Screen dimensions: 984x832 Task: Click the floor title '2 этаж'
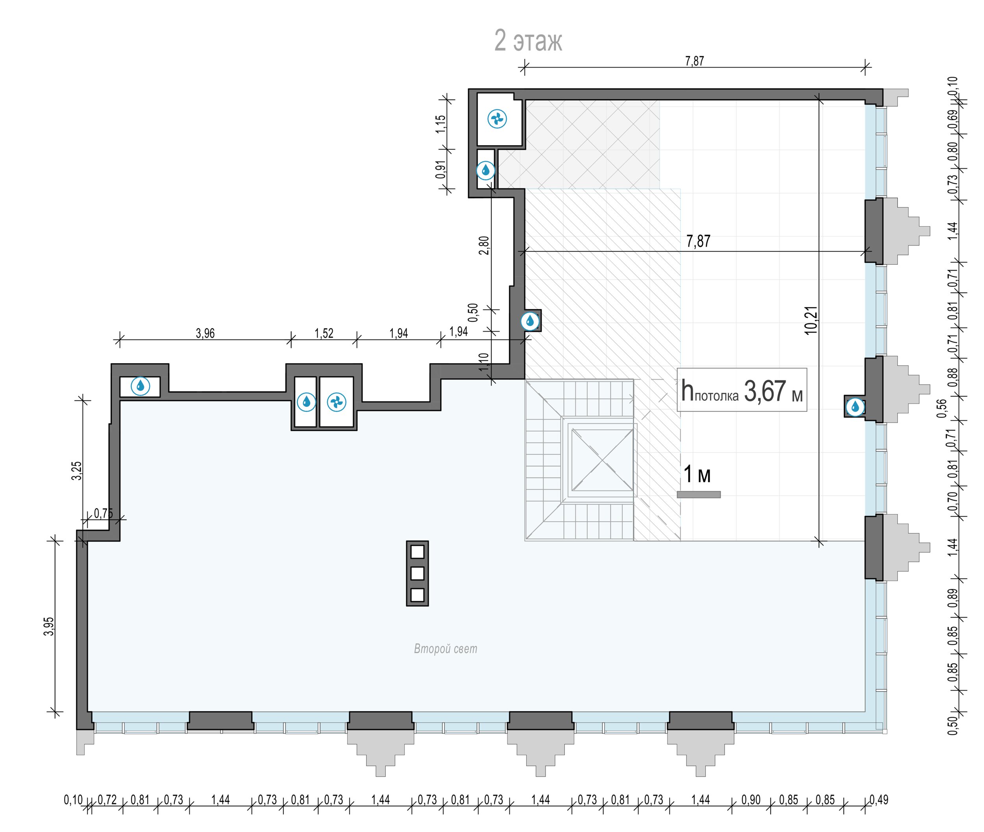click(x=528, y=41)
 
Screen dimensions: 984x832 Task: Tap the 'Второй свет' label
click(x=446, y=649)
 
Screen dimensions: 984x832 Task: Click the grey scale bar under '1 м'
click(x=699, y=494)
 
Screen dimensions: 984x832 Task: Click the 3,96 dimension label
click(x=205, y=334)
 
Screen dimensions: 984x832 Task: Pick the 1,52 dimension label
click(x=324, y=334)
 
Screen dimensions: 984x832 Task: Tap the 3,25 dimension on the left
click(x=76, y=470)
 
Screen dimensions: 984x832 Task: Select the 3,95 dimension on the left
click(x=49, y=626)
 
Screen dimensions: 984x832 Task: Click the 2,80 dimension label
click(x=484, y=245)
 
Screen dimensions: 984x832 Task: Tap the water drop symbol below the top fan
click(x=486, y=170)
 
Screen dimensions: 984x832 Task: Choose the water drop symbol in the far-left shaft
click(x=140, y=386)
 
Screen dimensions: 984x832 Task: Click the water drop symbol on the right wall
click(x=855, y=407)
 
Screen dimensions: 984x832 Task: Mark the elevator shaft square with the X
click(x=602, y=460)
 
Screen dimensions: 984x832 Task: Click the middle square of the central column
click(x=417, y=573)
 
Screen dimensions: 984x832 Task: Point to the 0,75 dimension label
click(x=104, y=513)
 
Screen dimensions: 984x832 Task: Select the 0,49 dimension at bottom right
click(x=879, y=800)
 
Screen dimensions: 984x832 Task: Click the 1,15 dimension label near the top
click(x=441, y=124)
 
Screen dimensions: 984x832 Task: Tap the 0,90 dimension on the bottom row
click(x=751, y=800)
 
